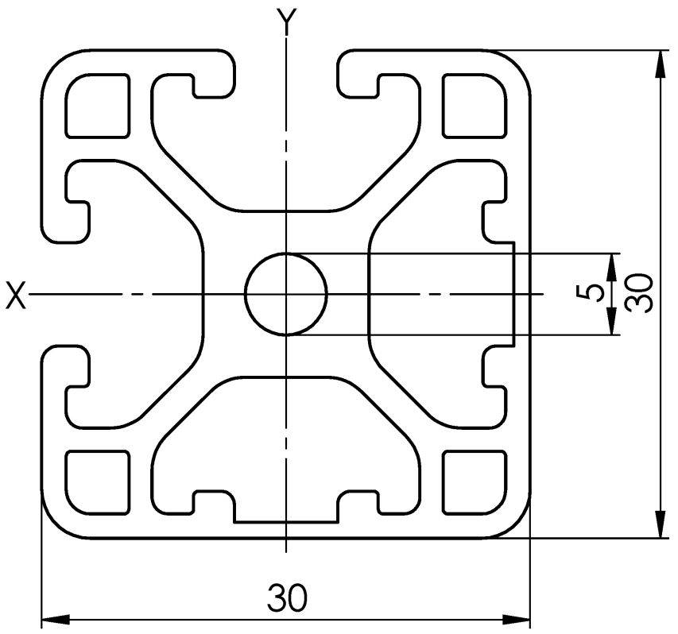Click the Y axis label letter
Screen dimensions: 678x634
286,21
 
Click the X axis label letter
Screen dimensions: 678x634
16,295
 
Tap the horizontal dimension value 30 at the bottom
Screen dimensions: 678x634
287,597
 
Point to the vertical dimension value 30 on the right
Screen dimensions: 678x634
638,293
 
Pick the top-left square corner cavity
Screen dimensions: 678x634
97,106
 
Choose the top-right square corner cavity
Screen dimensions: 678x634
475,106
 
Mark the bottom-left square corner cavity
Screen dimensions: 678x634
97,483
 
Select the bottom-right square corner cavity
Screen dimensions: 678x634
475,483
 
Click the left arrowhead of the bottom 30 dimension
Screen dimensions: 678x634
56,620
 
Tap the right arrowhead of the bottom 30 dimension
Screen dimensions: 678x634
517,620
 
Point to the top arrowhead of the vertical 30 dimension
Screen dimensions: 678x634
660,64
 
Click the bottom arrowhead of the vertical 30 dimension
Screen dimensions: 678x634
660,524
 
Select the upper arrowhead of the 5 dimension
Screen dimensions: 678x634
611,268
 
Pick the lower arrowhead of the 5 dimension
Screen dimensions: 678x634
611,321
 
